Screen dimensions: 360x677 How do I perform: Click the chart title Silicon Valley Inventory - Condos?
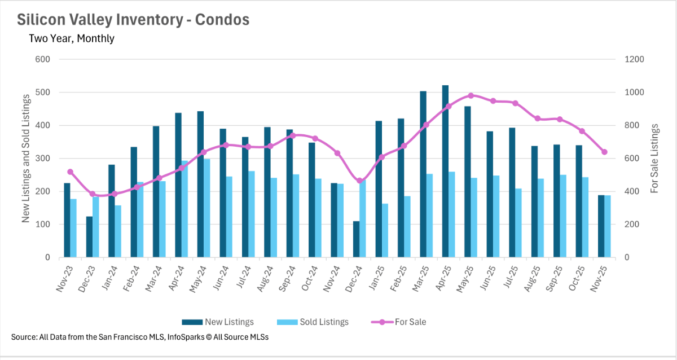pyautogui.click(x=133, y=20)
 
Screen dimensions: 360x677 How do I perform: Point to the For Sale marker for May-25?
pyautogui.click(x=471, y=95)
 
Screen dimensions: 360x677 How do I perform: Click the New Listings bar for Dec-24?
pyautogui.click(x=356, y=239)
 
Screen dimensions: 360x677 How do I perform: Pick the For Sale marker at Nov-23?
pyautogui.click(x=70, y=172)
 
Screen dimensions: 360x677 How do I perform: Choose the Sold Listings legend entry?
pyautogui.click(x=313, y=322)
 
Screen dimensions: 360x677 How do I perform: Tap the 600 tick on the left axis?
pyautogui.click(x=43, y=59)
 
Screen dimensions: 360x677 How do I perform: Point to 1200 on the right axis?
pyautogui.click(x=634, y=59)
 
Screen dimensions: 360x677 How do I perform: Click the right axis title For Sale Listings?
pyautogui.click(x=654, y=159)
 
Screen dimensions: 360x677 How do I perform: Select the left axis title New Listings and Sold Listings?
pyautogui.click(x=26, y=159)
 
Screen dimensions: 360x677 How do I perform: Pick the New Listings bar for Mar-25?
pyautogui.click(x=423, y=174)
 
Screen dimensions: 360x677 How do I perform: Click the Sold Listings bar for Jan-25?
pyautogui.click(x=385, y=231)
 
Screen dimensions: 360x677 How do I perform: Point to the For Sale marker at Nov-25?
pyautogui.click(x=604, y=152)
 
